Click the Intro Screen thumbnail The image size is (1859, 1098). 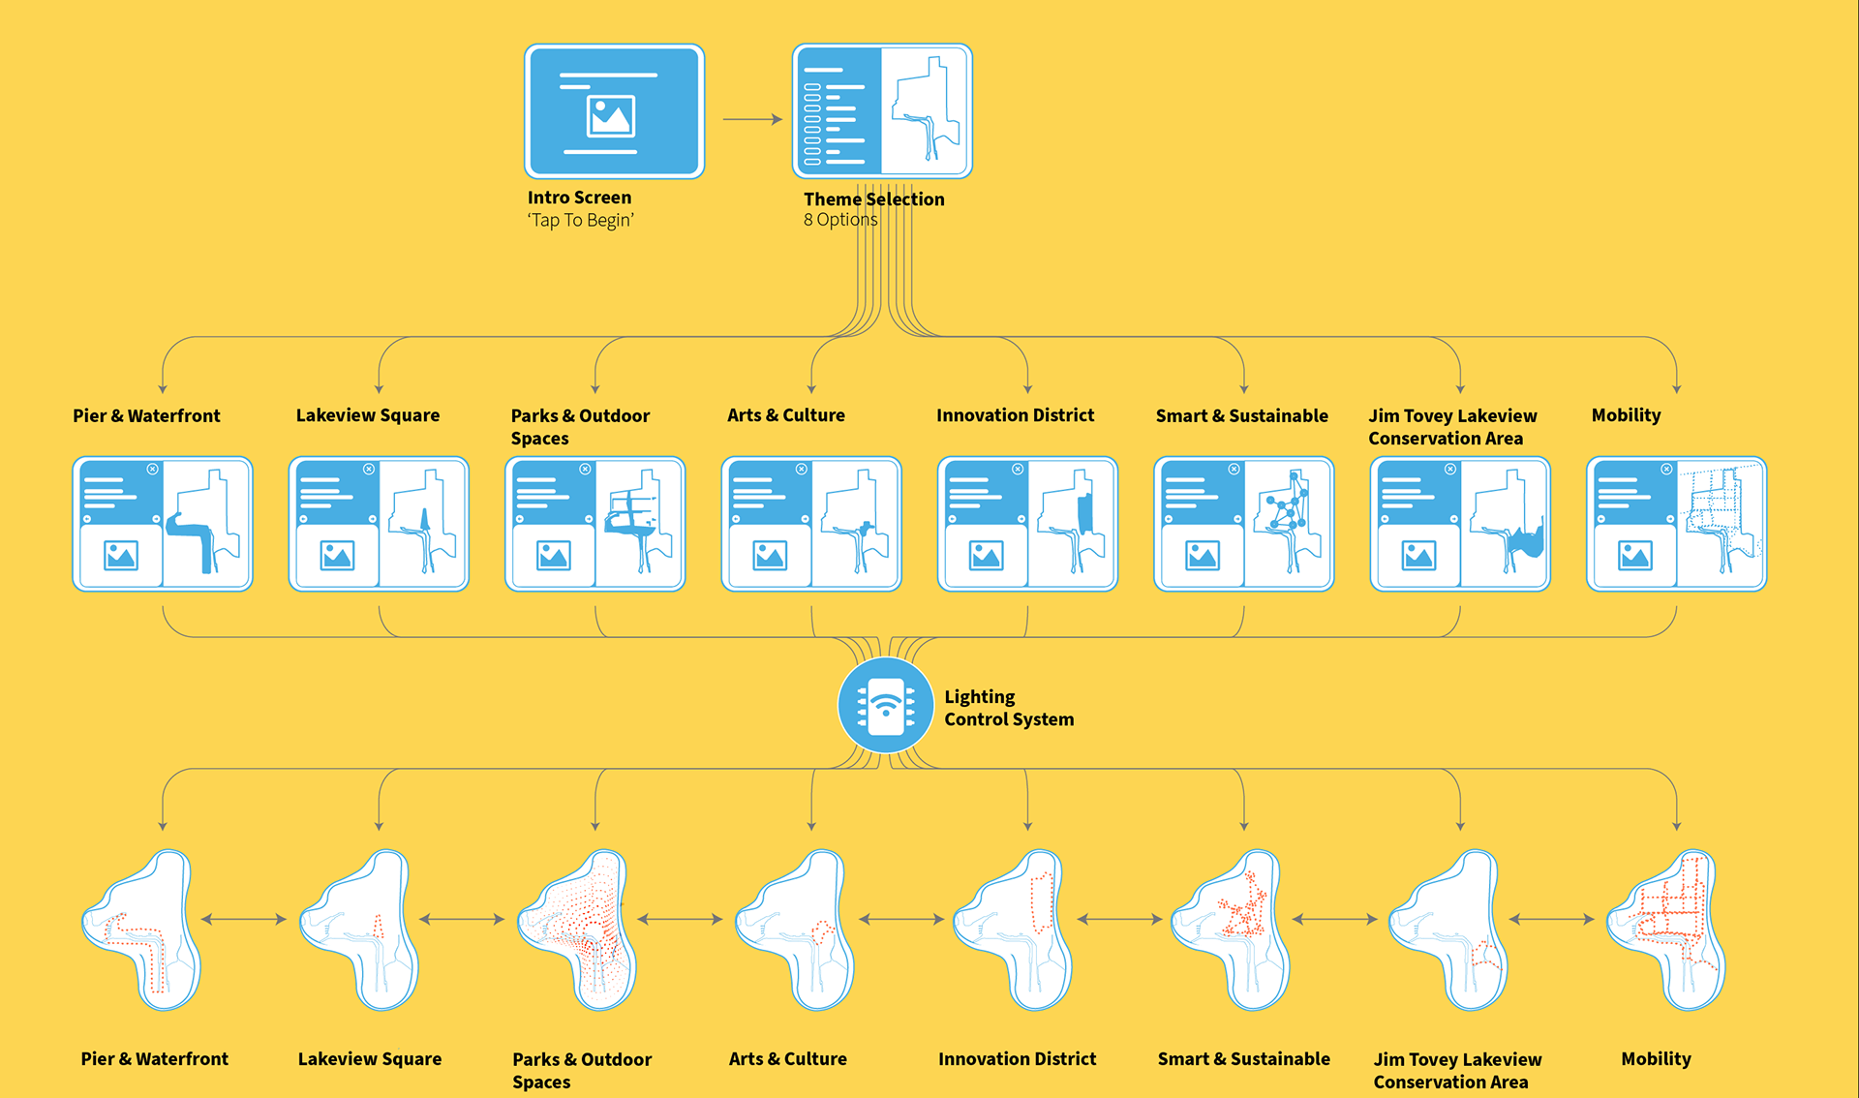coord(614,110)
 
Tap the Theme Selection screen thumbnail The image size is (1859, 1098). coord(882,110)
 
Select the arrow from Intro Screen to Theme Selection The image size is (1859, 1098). coord(751,119)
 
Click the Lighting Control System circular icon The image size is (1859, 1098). coord(885,706)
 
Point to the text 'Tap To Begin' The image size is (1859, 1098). coord(580,221)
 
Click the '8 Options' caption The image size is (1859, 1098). coord(839,220)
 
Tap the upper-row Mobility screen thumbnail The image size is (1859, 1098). coord(1676,524)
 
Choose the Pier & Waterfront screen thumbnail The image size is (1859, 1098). coord(163,524)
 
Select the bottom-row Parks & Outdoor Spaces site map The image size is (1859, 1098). coord(579,930)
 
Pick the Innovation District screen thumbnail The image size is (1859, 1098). coord(1027,524)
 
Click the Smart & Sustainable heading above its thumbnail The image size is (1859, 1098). coord(1241,415)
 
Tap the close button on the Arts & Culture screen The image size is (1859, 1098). coord(801,470)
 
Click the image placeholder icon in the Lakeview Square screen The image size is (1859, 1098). coord(337,556)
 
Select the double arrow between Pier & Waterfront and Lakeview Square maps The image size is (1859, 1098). coord(244,919)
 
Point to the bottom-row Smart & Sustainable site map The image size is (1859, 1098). coord(1233,930)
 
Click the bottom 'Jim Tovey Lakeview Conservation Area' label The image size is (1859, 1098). coord(1456,1071)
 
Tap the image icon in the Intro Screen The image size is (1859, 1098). coord(611,116)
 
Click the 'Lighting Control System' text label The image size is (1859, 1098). coord(1008,708)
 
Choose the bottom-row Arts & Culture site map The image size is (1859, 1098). coord(797,930)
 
